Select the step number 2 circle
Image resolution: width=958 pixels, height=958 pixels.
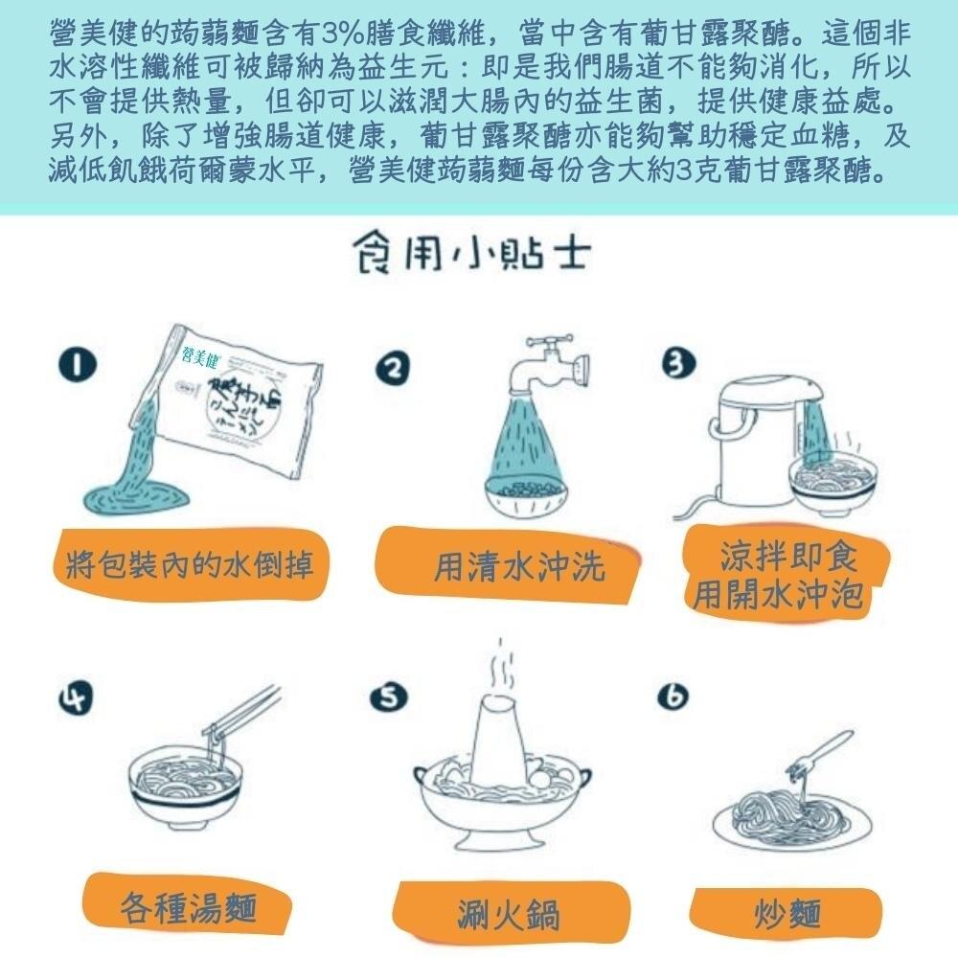393,369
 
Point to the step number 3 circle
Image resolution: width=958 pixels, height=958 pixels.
678,363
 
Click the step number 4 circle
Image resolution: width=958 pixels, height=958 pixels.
77,697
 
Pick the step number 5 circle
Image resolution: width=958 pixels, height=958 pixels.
389,697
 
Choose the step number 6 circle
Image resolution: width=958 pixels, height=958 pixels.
673,696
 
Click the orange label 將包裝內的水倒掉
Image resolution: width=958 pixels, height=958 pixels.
190,564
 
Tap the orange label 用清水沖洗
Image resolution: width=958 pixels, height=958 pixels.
507,565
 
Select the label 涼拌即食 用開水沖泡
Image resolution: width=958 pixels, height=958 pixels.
787,573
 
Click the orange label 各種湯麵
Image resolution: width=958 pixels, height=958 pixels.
187,905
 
